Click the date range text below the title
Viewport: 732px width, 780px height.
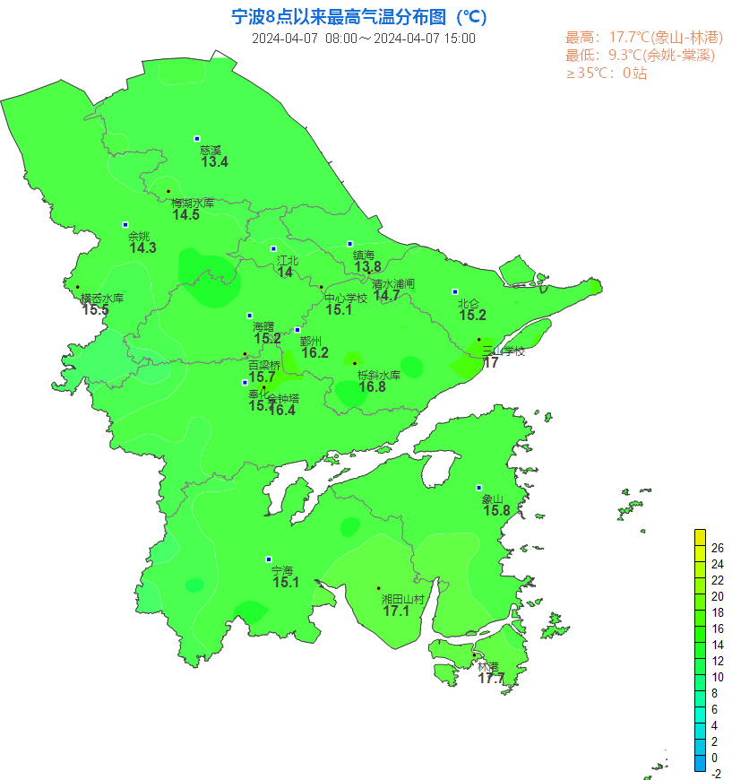click(x=363, y=39)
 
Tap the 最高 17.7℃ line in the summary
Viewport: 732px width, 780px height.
click(x=643, y=38)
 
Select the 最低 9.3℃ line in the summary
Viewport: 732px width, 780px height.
click(x=640, y=56)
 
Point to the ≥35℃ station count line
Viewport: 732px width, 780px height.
click(x=606, y=74)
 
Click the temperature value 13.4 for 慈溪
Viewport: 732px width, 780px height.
click(x=214, y=162)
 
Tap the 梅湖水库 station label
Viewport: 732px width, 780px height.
click(x=193, y=204)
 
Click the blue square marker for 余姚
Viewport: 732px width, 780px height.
click(x=125, y=225)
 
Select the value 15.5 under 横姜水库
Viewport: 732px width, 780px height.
click(x=95, y=310)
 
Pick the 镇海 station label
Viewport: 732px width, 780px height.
click(x=364, y=256)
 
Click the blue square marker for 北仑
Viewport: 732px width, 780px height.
click(x=455, y=291)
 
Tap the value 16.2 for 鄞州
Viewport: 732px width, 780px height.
click(x=314, y=353)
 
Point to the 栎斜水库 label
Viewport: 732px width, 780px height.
click(x=378, y=375)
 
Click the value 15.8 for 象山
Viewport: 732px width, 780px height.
click(x=496, y=511)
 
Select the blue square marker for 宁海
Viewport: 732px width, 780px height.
click(x=269, y=559)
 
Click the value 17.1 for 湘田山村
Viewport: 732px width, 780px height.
click(x=395, y=611)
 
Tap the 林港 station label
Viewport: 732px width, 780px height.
click(x=487, y=667)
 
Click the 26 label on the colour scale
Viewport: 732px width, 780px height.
click(x=717, y=548)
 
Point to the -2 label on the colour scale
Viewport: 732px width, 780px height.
click(x=716, y=774)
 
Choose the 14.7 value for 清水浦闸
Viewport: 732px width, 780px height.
click(x=387, y=296)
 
